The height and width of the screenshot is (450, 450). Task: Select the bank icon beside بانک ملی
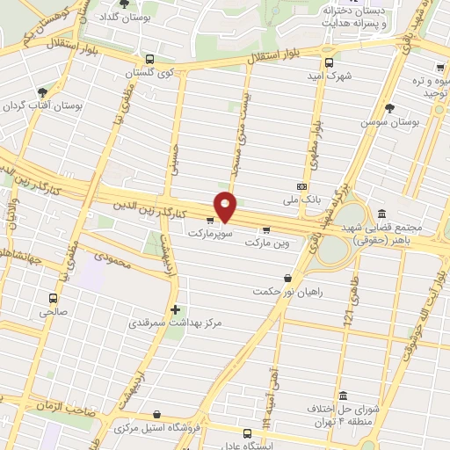pyautogui.click(x=302, y=186)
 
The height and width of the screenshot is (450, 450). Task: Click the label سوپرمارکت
pyautogui.click(x=209, y=235)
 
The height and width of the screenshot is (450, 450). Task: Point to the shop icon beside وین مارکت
pyautogui.click(x=266, y=229)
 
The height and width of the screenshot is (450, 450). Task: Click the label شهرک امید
pyautogui.click(x=334, y=76)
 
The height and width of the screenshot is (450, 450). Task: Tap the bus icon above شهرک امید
pyautogui.click(x=329, y=62)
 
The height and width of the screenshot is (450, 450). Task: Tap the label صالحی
pyautogui.click(x=52, y=310)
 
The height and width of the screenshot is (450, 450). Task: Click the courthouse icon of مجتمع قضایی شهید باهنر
pyautogui.click(x=381, y=214)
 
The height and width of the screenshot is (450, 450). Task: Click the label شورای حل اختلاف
pyautogui.click(x=338, y=410)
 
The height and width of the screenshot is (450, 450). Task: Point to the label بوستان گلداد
pyautogui.click(x=118, y=18)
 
